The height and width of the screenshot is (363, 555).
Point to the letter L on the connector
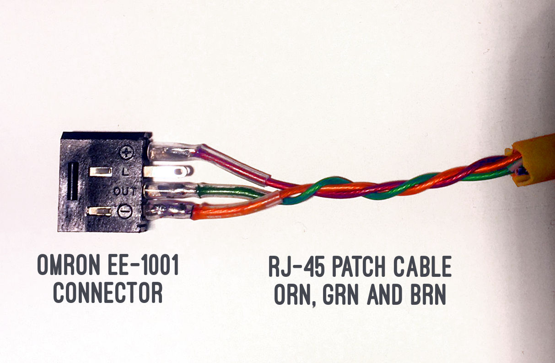[x=126, y=173]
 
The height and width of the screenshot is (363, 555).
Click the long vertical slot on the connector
[x=72, y=181]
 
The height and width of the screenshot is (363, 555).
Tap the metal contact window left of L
[x=101, y=172]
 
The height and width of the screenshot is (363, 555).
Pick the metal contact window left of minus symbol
[x=100, y=211]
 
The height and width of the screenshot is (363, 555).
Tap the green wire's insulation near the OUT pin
[x=229, y=190]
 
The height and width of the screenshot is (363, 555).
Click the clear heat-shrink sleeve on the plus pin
[x=174, y=151]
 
